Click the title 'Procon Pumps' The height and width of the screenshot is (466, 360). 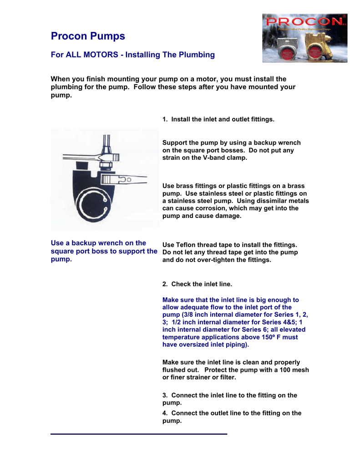pyautogui.click(x=87, y=36)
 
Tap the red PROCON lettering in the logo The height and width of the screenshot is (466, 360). pyautogui.click(x=304, y=21)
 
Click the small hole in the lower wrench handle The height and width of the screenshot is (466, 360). pyautogui.click(x=129, y=180)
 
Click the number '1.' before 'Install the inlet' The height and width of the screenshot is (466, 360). pyautogui.click(x=165, y=119)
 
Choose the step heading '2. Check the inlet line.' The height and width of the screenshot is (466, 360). pyautogui.click(x=197, y=284)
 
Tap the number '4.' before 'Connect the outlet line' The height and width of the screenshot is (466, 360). pyautogui.click(x=165, y=413)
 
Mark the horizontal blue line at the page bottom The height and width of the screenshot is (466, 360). pyautogui.click(x=138, y=434)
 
